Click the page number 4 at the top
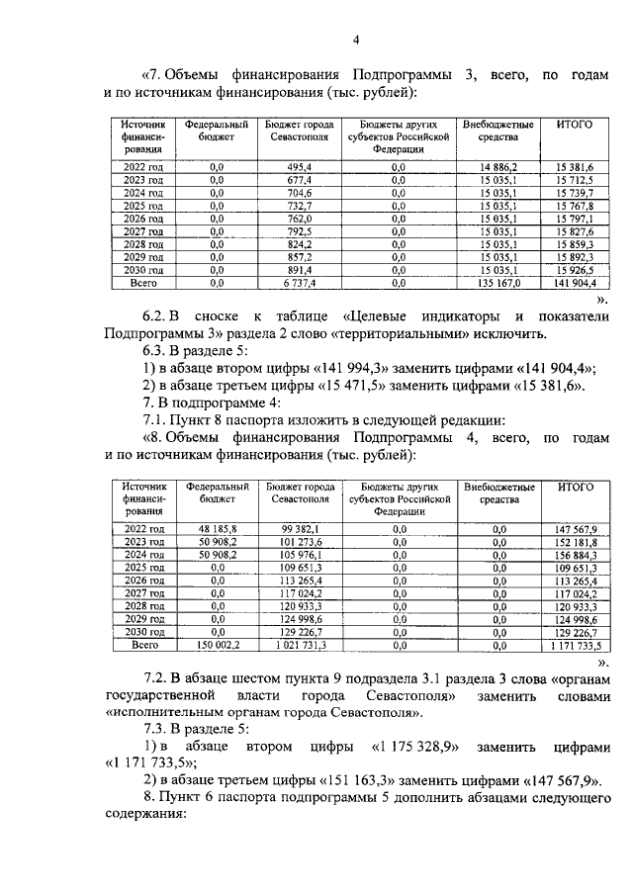357,39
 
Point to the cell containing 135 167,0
498,283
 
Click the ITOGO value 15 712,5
574,180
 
